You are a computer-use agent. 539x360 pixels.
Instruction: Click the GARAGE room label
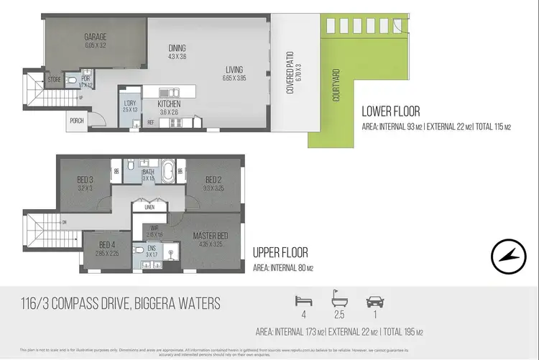(96, 37)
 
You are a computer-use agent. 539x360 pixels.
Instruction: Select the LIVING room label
(234, 70)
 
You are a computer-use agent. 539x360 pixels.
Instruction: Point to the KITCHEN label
(170, 104)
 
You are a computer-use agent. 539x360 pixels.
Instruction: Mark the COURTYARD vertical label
(336, 86)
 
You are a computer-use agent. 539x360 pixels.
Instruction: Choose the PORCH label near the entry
(77, 121)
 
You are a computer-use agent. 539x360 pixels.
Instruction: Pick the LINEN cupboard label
(149, 208)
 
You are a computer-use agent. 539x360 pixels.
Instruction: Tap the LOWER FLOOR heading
(391, 111)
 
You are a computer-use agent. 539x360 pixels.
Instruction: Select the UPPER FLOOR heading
(280, 253)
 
